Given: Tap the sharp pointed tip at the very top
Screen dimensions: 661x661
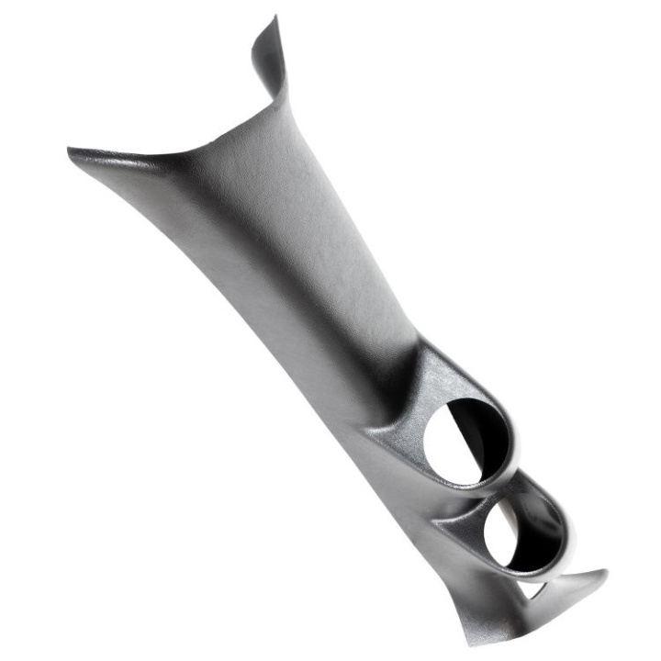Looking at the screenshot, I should tap(274, 17).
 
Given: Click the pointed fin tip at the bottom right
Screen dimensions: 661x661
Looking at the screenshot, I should tap(606, 573).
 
